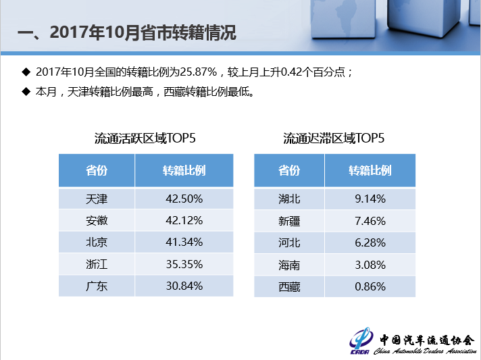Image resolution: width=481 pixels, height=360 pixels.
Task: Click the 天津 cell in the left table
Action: point(97,199)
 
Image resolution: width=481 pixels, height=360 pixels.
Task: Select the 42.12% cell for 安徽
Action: point(184,220)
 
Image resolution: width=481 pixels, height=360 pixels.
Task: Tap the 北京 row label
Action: point(97,242)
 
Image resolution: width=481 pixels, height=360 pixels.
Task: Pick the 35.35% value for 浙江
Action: point(184,264)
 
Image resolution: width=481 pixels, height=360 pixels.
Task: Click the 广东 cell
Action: point(97,286)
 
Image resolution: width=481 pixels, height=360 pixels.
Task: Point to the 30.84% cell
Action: point(184,286)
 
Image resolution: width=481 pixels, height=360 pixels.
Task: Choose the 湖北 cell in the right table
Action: point(289,199)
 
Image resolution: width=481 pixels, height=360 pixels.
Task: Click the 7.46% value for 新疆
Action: point(370,221)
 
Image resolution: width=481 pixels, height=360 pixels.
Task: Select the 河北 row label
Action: point(289,242)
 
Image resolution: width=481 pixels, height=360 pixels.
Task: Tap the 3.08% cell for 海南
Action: point(370,265)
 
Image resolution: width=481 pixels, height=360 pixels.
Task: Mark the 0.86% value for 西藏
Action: point(370,286)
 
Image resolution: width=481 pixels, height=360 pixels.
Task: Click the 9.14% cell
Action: point(370,199)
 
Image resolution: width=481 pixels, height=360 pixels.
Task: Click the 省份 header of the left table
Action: point(97,170)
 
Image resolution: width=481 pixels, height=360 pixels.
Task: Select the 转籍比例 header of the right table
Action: point(370,170)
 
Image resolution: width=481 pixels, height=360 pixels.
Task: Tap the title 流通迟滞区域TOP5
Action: point(334,139)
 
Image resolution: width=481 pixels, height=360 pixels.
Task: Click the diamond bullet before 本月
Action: point(26,91)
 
